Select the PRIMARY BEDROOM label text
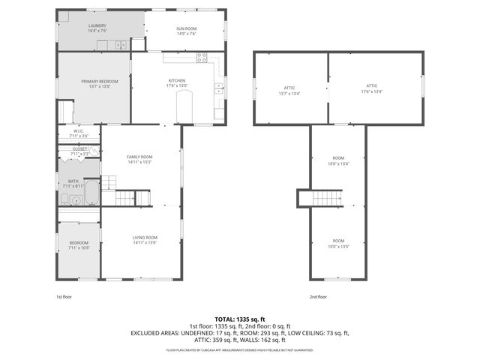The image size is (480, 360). (x=95, y=82)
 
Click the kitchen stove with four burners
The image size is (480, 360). (x=202, y=57)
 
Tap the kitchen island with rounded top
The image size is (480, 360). (x=185, y=107)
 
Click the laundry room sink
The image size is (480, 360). (x=121, y=46)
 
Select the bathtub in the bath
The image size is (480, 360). (x=91, y=193)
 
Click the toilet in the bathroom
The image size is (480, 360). (x=65, y=199)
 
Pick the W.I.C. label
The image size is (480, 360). (x=79, y=133)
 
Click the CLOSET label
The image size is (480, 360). (x=80, y=150)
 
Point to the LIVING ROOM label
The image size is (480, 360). (x=145, y=237)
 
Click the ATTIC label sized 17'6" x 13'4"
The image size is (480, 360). (x=371, y=88)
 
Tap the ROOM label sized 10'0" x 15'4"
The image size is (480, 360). (x=339, y=160)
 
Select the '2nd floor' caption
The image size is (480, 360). (x=318, y=297)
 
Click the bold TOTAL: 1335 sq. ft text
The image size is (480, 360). (x=240, y=319)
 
